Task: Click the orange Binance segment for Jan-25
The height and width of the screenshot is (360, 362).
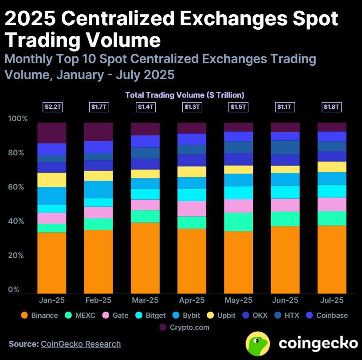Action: [52, 262]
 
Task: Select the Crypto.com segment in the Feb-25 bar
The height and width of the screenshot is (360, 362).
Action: [98, 132]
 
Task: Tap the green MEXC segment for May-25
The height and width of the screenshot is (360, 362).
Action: [239, 222]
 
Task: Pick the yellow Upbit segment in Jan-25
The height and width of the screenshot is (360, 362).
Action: [52, 180]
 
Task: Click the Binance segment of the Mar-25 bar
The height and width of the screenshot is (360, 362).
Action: [145, 257]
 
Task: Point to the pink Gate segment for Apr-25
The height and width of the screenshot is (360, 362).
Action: [192, 209]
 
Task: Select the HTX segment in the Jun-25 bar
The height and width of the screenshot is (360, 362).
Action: [285, 147]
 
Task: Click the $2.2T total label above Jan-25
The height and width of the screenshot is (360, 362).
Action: [52, 107]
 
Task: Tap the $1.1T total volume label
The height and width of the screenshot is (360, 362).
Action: [285, 107]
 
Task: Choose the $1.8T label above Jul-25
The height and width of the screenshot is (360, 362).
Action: [332, 107]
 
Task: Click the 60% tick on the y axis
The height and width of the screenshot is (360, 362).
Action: [18, 187]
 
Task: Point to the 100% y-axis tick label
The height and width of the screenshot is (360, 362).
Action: [18, 119]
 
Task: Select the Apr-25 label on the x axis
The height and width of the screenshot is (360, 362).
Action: [192, 300]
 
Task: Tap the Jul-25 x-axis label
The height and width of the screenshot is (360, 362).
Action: [332, 300]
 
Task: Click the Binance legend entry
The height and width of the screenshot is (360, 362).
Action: [39, 315]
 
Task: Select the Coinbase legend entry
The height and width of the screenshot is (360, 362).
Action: [326, 315]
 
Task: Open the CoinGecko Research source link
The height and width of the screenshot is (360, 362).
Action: [81, 344]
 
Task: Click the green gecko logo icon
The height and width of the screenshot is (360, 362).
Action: [259, 343]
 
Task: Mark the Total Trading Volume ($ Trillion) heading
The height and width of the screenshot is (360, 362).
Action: [185, 95]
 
